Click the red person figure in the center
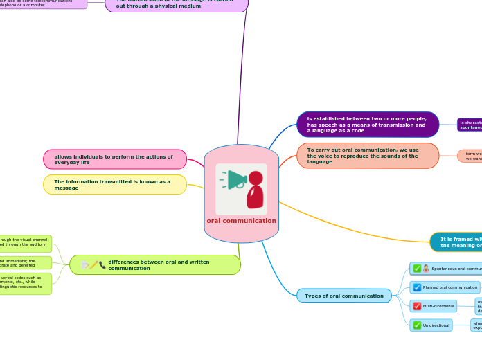pyautogui.click(x=255, y=189)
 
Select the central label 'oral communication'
pyautogui.click(x=241, y=221)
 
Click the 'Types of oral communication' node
pyautogui.click(x=344, y=296)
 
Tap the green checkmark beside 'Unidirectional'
pyautogui.click(x=417, y=325)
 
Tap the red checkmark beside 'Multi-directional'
pyautogui.click(x=417, y=306)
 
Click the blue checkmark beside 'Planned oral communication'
pyautogui.click(x=417, y=287)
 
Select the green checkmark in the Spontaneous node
pyautogui.click(x=417, y=269)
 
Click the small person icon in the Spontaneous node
pyautogui.click(x=426, y=269)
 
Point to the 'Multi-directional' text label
pyautogui.click(x=438, y=306)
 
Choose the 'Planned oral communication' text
pyautogui.click(x=450, y=287)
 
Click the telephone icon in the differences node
pyautogui.click(x=102, y=265)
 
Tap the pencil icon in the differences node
pyautogui.click(x=93, y=265)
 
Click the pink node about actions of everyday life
pyautogui.click(x=115, y=159)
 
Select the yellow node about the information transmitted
pyautogui.click(x=115, y=185)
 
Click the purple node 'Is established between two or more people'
pyautogui.click(x=368, y=125)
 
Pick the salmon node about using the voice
pyautogui.click(x=368, y=156)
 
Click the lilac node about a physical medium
pyautogui.click(x=177, y=4)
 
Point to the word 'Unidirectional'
pyautogui.click(x=436, y=325)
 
